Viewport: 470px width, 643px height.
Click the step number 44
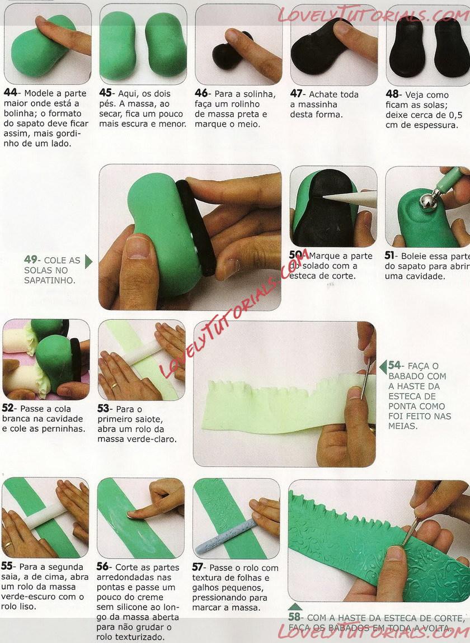click(x=10, y=92)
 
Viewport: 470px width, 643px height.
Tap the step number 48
click(x=392, y=94)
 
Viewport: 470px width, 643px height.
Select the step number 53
click(x=104, y=408)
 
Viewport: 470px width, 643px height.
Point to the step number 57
click(x=198, y=567)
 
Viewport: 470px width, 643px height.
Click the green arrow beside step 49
click(x=88, y=261)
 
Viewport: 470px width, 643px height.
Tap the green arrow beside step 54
click(x=383, y=367)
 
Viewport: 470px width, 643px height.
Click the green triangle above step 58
click(x=295, y=607)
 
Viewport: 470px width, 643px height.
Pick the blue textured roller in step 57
click(x=225, y=536)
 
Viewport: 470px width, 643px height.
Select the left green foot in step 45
click(x=117, y=45)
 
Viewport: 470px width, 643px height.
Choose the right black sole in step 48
click(x=451, y=48)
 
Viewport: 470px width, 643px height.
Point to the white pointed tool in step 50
click(x=350, y=199)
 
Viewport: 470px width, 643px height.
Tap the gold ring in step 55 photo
click(x=8, y=545)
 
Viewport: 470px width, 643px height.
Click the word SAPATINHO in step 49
click(x=49, y=281)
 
